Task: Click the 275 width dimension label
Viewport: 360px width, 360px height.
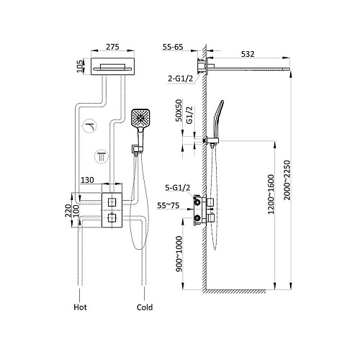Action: click(x=112, y=47)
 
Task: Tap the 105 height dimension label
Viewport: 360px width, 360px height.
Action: click(x=80, y=66)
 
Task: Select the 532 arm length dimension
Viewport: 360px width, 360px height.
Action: click(x=248, y=54)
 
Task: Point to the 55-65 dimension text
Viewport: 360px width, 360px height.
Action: click(x=173, y=47)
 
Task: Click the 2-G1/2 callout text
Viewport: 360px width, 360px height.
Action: click(x=180, y=78)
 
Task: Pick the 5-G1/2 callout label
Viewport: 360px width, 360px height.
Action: click(x=178, y=187)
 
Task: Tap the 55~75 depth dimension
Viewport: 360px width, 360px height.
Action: click(x=168, y=205)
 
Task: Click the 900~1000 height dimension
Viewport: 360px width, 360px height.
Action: click(x=179, y=254)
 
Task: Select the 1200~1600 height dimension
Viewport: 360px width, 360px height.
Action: click(x=271, y=194)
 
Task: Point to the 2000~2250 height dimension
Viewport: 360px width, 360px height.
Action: click(x=287, y=180)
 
